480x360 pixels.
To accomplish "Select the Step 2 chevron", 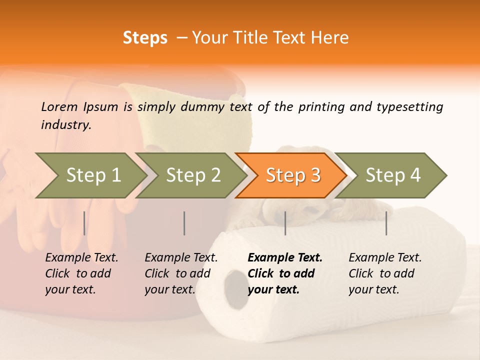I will pyautogui.click(x=192, y=175).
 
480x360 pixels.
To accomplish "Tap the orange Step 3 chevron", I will pyautogui.click(x=292, y=175).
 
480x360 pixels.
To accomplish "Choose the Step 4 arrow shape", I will pyautogui.click(x=392, y=175).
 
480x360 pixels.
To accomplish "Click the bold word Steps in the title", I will pyautogui.click(x=145, y=38).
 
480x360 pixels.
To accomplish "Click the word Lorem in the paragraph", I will pyautogui.click(x=59, y=106).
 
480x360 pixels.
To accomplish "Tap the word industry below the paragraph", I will pyautogui.click(x=65, y=125).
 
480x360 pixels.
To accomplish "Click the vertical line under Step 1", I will pyautogui.click(x=84, y=223).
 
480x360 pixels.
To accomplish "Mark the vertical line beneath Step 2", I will pyautogui.click(x=184, y=223).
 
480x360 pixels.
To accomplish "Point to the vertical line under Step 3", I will pyautogui.click(x=285, y=223).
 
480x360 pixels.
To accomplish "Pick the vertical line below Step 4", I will pyautogui.click(x=386, y=223).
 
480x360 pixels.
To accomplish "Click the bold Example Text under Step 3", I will pyautogui.click(x=285, y=258).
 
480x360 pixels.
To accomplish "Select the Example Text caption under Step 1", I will pyautogui.click(x=81, y=258).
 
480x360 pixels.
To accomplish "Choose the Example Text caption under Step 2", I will pyautogui.click(x=181, y=258).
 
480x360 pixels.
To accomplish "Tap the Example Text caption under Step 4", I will pyautogui.click(x=385, y=258).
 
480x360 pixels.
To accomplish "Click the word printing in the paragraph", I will pyautogui.click(x=320, y=107).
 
